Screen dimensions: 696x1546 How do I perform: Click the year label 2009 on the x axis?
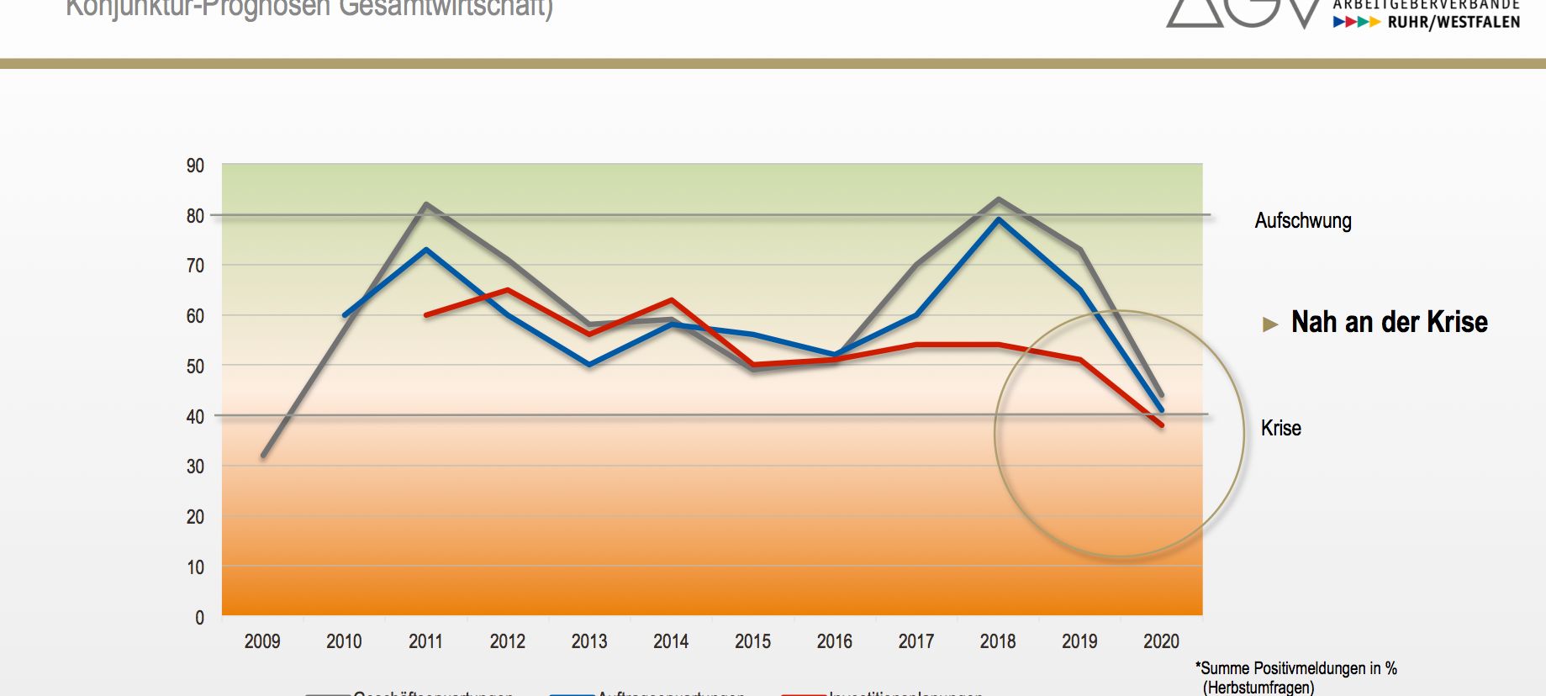click(x=262, y=641)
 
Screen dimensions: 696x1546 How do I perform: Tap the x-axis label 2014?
click(x=671, y=641)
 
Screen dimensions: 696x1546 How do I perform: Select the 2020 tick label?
click(x=1161, y=641)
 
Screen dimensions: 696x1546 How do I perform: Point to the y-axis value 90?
click(x=195, y=166)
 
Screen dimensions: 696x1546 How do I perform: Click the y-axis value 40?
click(x=195, y=416)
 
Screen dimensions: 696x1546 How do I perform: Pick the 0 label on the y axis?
click(x=199, y=618)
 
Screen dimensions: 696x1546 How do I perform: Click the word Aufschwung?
click(x=1303, y=221)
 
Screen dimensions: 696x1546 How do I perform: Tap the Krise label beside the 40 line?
click(x=1280, y=428)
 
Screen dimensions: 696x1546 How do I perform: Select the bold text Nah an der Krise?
click(x=1389, y=322)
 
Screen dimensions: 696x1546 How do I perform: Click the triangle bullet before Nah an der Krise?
click(x=1270, y=324)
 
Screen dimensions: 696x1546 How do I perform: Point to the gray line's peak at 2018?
click(x=998, y=199)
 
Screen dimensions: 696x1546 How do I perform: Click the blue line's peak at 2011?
click(x=426, y=250)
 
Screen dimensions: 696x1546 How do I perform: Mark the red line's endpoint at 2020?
click(x=1161, y=424)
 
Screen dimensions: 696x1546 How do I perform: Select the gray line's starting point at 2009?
click(x=263, y=455)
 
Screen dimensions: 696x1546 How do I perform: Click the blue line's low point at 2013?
click(x=589, y=365)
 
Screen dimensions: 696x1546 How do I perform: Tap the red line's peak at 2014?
click(x=671, y=300)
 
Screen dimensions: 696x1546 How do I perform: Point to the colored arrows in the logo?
click(x=1356, y=22)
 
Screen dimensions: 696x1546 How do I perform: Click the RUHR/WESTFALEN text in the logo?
click(x=1454, y=22)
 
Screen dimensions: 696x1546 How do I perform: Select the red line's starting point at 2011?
click(x=426, y=314)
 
